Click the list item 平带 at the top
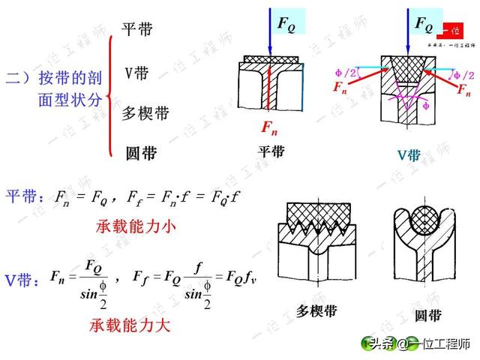(137, 29)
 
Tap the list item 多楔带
(145, 114)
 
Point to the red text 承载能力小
(136, 226)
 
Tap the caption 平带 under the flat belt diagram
(271, 151)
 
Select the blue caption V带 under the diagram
(408, 155)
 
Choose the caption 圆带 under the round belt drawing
(427, 314)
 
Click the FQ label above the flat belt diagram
(286, 23)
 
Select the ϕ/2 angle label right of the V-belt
(463, 76)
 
